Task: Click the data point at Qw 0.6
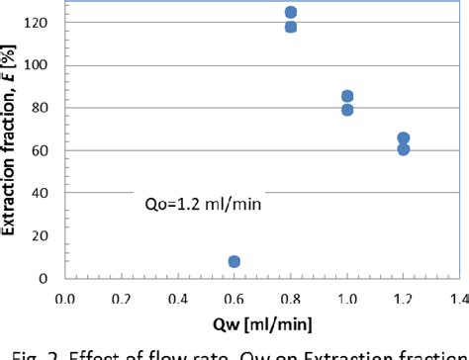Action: pyautogui.click(x=234, y=262)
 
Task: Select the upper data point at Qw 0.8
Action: pyautogui.click(x=291, y=13)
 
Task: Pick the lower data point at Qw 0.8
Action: pyautogui.click(x=291, y=27)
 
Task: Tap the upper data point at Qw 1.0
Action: pyautogui.click(x=347, y=96)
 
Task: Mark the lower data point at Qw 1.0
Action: pyautogui.click(x=347, y=110)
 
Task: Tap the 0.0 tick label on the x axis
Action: pyautogui.click(x=65, y=297)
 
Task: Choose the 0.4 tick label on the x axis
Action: pyautogui.click(x=178, y=297)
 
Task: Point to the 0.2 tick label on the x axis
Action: pyautogui.click(x=122, y=297)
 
